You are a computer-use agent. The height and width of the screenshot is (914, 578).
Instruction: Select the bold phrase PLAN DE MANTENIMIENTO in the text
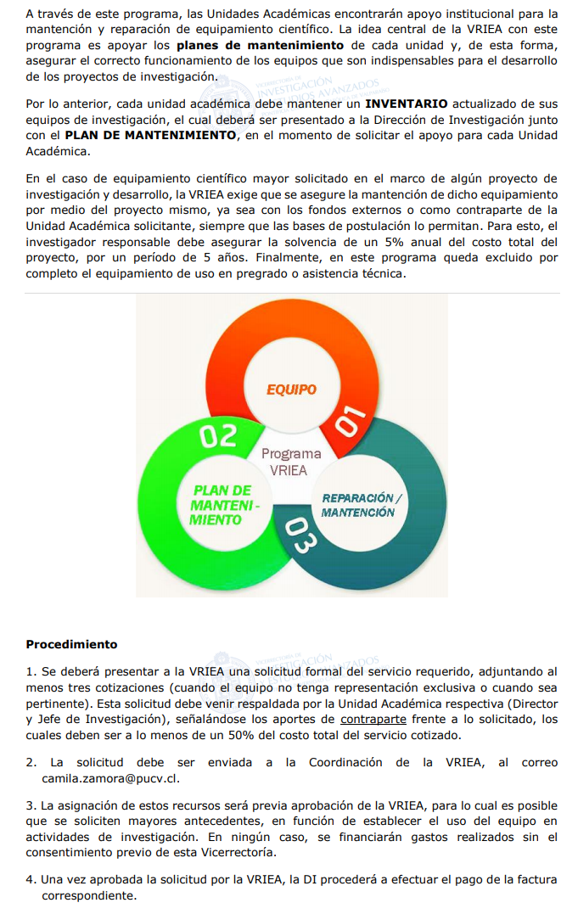[150, 135]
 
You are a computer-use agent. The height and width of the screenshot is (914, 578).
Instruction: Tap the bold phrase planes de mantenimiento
[260, 45]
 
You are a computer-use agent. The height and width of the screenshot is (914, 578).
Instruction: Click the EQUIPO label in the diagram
[291, 390]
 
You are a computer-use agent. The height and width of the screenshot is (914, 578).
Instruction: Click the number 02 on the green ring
[218, 436]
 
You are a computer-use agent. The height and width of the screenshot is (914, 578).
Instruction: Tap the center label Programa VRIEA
[291, 462]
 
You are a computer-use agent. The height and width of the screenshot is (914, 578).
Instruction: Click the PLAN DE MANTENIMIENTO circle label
[222, 505]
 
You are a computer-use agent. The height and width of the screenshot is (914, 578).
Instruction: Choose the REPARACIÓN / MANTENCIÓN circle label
[358, 505]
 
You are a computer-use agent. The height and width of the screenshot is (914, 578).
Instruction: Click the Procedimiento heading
[71, 644]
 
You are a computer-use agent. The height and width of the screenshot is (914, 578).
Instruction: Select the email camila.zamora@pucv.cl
[110, 777]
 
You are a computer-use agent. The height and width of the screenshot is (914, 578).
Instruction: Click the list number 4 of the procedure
[30, 880]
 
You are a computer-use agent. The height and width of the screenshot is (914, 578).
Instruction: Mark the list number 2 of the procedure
[30, 762]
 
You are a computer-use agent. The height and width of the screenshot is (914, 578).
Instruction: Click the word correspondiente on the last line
[88, 895]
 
